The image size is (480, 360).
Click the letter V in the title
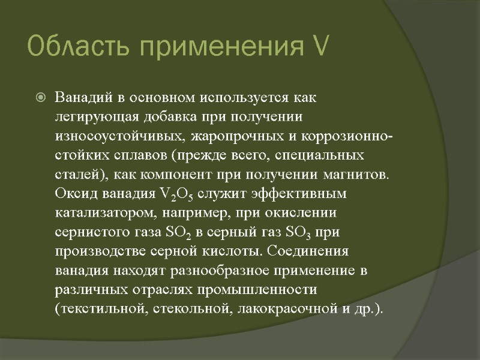click(x=319, y=46)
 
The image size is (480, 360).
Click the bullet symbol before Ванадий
click(x=40, y=97)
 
